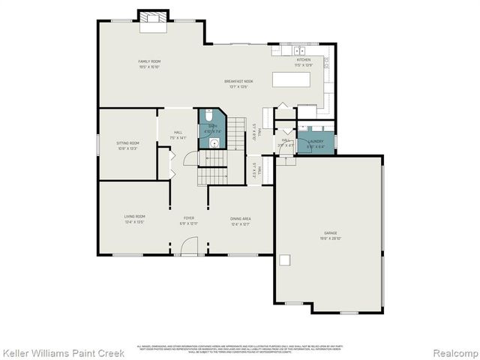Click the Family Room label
point(149,61)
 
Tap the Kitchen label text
point(303,59)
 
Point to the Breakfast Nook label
point(238,81)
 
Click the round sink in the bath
point(214,141)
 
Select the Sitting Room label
point(127,142)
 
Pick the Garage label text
point(330,233)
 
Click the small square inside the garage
point(285,260)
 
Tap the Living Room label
point(134,217)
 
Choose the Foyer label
point(189,217)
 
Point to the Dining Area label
point(241,218)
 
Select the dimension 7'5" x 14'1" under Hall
point(177,138)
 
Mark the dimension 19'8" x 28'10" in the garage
point(330,238)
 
